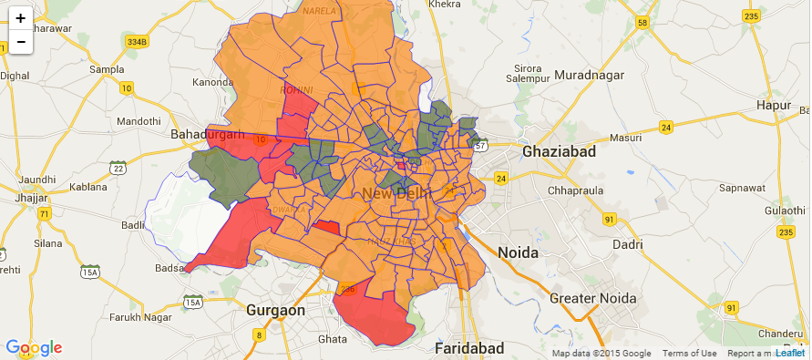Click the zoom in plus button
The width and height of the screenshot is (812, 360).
20,17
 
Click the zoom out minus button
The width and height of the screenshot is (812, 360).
20,41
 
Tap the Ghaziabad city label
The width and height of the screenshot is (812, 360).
559,151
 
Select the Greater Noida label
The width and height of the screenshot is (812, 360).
591,297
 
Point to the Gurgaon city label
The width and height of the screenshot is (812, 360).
274,310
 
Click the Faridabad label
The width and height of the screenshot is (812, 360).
470,348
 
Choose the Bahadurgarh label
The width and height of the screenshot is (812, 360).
208,135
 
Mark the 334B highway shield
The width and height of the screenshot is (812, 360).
137,42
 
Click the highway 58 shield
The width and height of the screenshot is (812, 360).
642,23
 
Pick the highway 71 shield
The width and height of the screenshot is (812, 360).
45,213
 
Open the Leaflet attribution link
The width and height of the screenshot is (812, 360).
790,353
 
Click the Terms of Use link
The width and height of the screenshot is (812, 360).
689,354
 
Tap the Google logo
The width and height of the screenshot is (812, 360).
34,347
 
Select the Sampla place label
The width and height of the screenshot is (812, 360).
107,69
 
